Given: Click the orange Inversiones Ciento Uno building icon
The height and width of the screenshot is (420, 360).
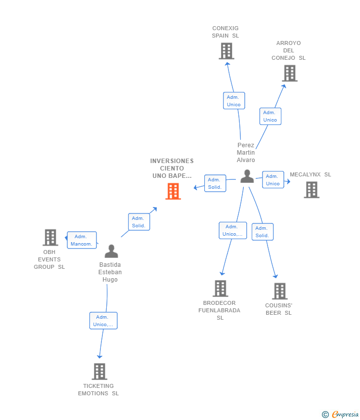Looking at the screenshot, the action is pyautogui.click(x=173, y=191).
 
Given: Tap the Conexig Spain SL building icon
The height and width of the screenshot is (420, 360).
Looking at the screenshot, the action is pyautogui.click(x=226, y=51).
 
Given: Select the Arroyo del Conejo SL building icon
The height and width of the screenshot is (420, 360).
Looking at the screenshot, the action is pyautogui.click(x=289, y=73).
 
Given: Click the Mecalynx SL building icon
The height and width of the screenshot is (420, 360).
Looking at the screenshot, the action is pyautogui.click(x=312, y=190).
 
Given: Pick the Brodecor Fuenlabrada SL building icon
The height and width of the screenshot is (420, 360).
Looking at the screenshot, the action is pyautogui.click(x=220, y=289).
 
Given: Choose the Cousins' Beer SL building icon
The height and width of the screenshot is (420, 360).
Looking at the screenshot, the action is pyautogui.click(x=279, y=292).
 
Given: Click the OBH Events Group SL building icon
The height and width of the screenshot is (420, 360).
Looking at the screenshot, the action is pyautogui.click(x=50, y=238).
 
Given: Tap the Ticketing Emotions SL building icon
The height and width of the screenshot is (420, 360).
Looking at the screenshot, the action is pyautogui.click(x=99, y=372).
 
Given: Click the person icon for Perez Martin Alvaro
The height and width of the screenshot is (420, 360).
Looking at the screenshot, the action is pyautogui.click(x=247, y=176).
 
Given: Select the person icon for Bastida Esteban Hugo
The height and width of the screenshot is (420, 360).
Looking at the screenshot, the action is pyautogui.click(x=111, y=251).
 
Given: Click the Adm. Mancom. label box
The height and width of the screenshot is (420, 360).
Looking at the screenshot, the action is pyautogui.click(x=82, y=240).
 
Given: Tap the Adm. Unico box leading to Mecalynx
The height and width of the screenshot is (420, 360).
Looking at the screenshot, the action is pyautogui.click(x=272, y=180).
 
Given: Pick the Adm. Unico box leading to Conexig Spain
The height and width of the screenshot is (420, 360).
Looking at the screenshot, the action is pyautogui.click(x=233, y=101).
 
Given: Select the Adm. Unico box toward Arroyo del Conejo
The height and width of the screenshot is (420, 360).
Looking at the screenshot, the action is pyautogui.click(x=270, y=116).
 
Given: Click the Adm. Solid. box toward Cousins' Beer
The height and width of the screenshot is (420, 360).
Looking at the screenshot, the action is pyautogui.click(x=262, y=232).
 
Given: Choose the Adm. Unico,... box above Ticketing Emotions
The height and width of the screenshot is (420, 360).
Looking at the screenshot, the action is pyautogui.click(x=103, y=321).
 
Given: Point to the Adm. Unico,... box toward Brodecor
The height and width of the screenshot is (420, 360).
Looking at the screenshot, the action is pyautogui.click(x=232, y=230).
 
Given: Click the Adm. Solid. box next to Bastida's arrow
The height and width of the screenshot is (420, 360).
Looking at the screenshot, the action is pyautogui.click(x=138, y=222).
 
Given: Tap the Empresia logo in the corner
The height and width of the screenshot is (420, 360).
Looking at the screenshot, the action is pyautogui.click(x=341, y=414).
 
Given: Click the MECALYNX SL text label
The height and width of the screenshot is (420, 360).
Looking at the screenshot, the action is pyautogui.click(x=310, y=174).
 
